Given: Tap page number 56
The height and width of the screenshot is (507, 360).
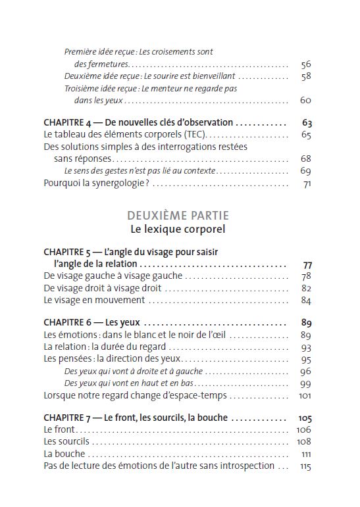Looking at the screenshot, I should coord(305,64).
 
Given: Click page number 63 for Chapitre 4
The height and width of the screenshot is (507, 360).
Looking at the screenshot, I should coord(306,122).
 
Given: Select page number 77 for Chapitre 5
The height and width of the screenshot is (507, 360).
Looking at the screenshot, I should coord(306,264).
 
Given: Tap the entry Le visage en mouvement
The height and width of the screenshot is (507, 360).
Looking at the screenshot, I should coord(94,300).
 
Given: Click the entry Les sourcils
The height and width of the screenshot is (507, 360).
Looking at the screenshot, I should coord(66,441).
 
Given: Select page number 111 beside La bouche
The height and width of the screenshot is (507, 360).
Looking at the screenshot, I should coord(306,454).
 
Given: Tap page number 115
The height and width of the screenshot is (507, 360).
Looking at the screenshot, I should coord(305,466).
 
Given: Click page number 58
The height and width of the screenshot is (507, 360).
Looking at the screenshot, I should coord(305,76).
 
